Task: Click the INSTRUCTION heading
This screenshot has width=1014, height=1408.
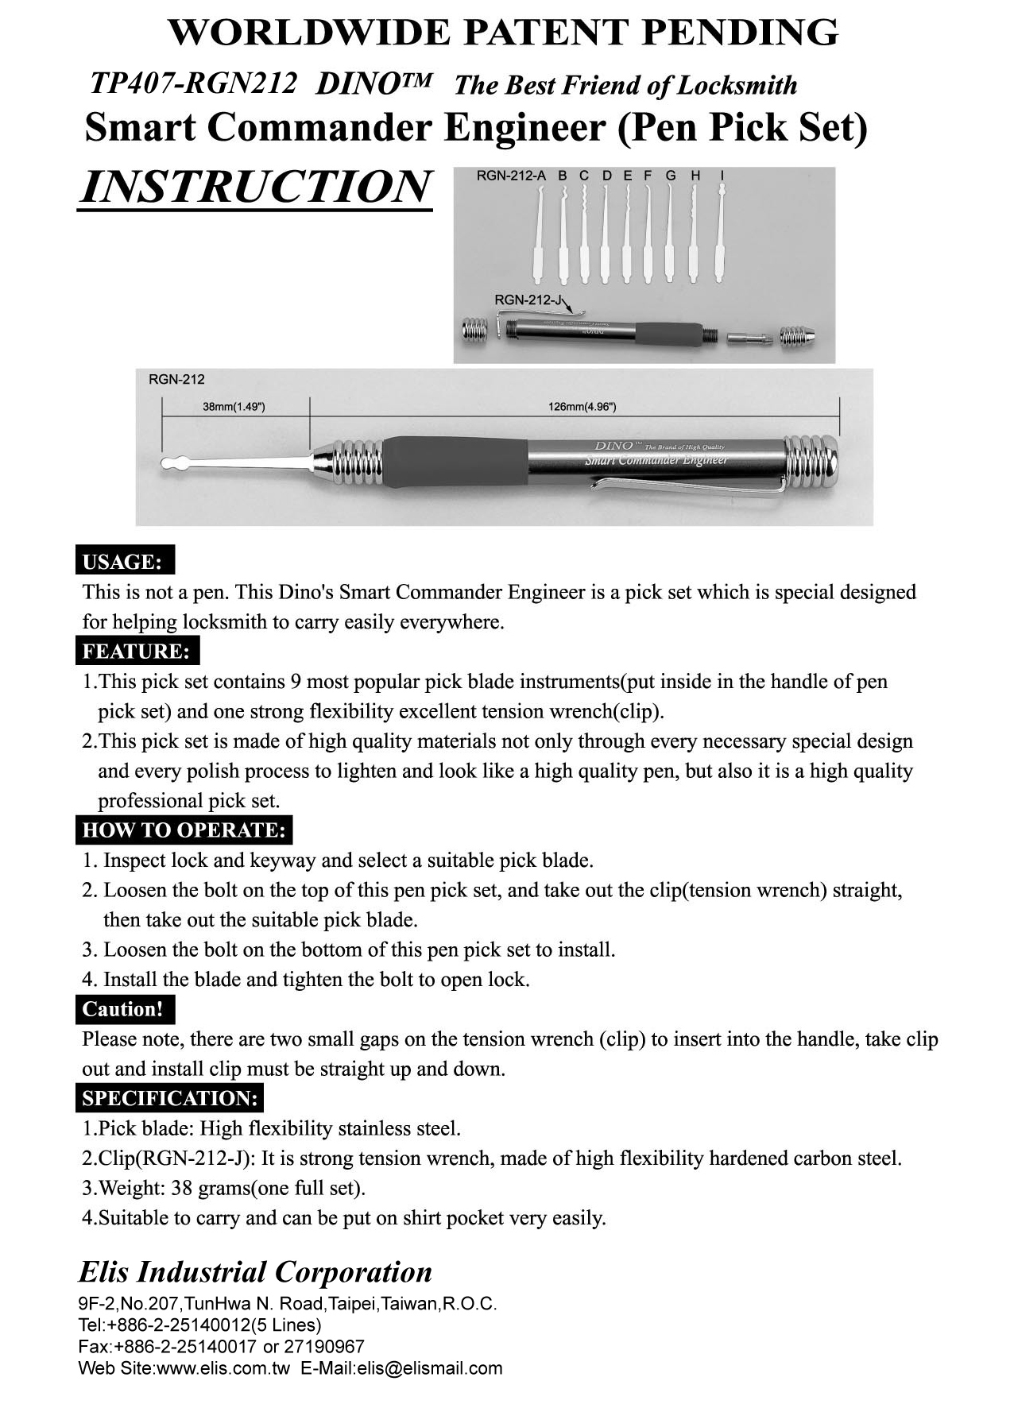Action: click(x=256, y=187)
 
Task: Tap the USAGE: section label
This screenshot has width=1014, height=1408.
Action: click(x=125, y=562)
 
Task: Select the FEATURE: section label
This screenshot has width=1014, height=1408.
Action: click(x=137, y=652)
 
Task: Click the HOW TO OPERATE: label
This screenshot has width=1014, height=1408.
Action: click(x=184, y=830)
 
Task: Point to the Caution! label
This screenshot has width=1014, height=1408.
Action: click(x=124, y=1009)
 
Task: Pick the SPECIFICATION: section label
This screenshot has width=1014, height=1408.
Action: click(x=170, y=1099)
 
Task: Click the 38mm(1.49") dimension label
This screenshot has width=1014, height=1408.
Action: click(x=234, y=407)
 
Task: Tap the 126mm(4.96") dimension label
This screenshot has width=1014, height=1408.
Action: click(x=582, y=407)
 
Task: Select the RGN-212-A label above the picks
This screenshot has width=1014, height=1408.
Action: click(x=510, y=176)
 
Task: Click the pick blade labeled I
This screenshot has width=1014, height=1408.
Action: click(x=722, y=230)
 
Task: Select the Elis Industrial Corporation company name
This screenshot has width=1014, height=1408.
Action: click(x=255, y=1271)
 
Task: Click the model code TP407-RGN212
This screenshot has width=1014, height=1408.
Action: click(x=194, y=83)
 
